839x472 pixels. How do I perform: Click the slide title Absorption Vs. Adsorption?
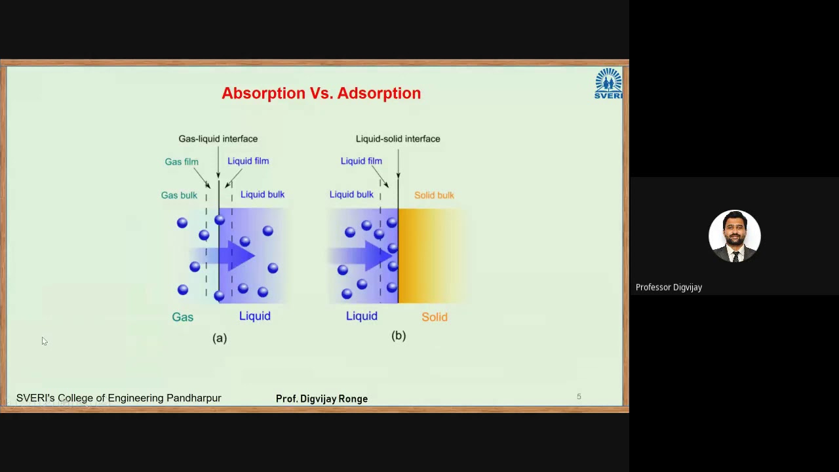(321, 93)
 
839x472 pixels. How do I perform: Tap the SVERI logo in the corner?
(608, 83)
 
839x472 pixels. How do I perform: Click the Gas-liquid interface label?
(218, 139)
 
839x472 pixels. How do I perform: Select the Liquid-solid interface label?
(398, 139)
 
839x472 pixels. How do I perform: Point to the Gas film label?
(182, 162)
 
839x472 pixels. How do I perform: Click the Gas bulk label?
(179, 195)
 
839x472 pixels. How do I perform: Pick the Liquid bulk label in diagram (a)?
(262, 195)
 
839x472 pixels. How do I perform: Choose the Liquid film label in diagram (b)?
(361, 161)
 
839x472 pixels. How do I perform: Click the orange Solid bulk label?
(434, 195)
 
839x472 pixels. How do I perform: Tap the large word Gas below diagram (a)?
(182, 317)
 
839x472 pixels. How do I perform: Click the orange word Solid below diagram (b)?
(435, 317)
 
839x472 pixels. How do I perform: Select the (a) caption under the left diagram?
(220, 338)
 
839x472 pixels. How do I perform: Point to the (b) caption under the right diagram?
(399, 336)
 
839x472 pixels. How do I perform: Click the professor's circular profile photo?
(734, 236)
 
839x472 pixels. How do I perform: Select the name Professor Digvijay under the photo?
(669, 287)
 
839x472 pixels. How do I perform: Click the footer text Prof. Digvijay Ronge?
(322, 399)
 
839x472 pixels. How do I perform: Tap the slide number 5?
(579, 397)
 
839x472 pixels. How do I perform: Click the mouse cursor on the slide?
(44, 341)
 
